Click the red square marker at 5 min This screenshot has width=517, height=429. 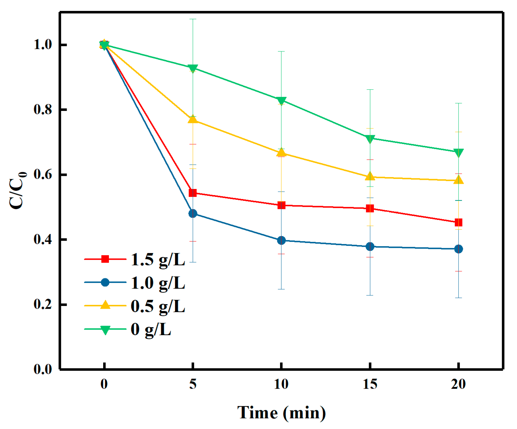(193, 193)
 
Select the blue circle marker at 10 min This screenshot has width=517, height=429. (281, 240)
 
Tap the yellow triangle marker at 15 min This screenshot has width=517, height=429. (370, 177)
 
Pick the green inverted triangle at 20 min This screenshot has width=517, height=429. (458, 152)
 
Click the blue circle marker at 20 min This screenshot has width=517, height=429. (458, 249)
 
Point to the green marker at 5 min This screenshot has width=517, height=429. (193, 68)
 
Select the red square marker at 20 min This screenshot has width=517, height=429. (458, 223)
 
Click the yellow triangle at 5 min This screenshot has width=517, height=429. (193, 119)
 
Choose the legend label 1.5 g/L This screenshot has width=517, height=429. (158, 260)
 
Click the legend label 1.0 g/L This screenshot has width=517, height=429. (158, 283)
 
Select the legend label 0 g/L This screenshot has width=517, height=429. (151, 329)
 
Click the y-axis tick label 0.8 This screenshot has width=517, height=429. (43, 109)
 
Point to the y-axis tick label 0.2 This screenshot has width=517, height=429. (43, 304)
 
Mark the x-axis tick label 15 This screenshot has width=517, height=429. (370, 384)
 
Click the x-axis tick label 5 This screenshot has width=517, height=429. (193, 384)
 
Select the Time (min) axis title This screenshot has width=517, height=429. (281, 413)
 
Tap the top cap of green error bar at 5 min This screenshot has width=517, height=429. (193, 19)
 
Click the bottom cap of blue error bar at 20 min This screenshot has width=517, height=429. (458, 298)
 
